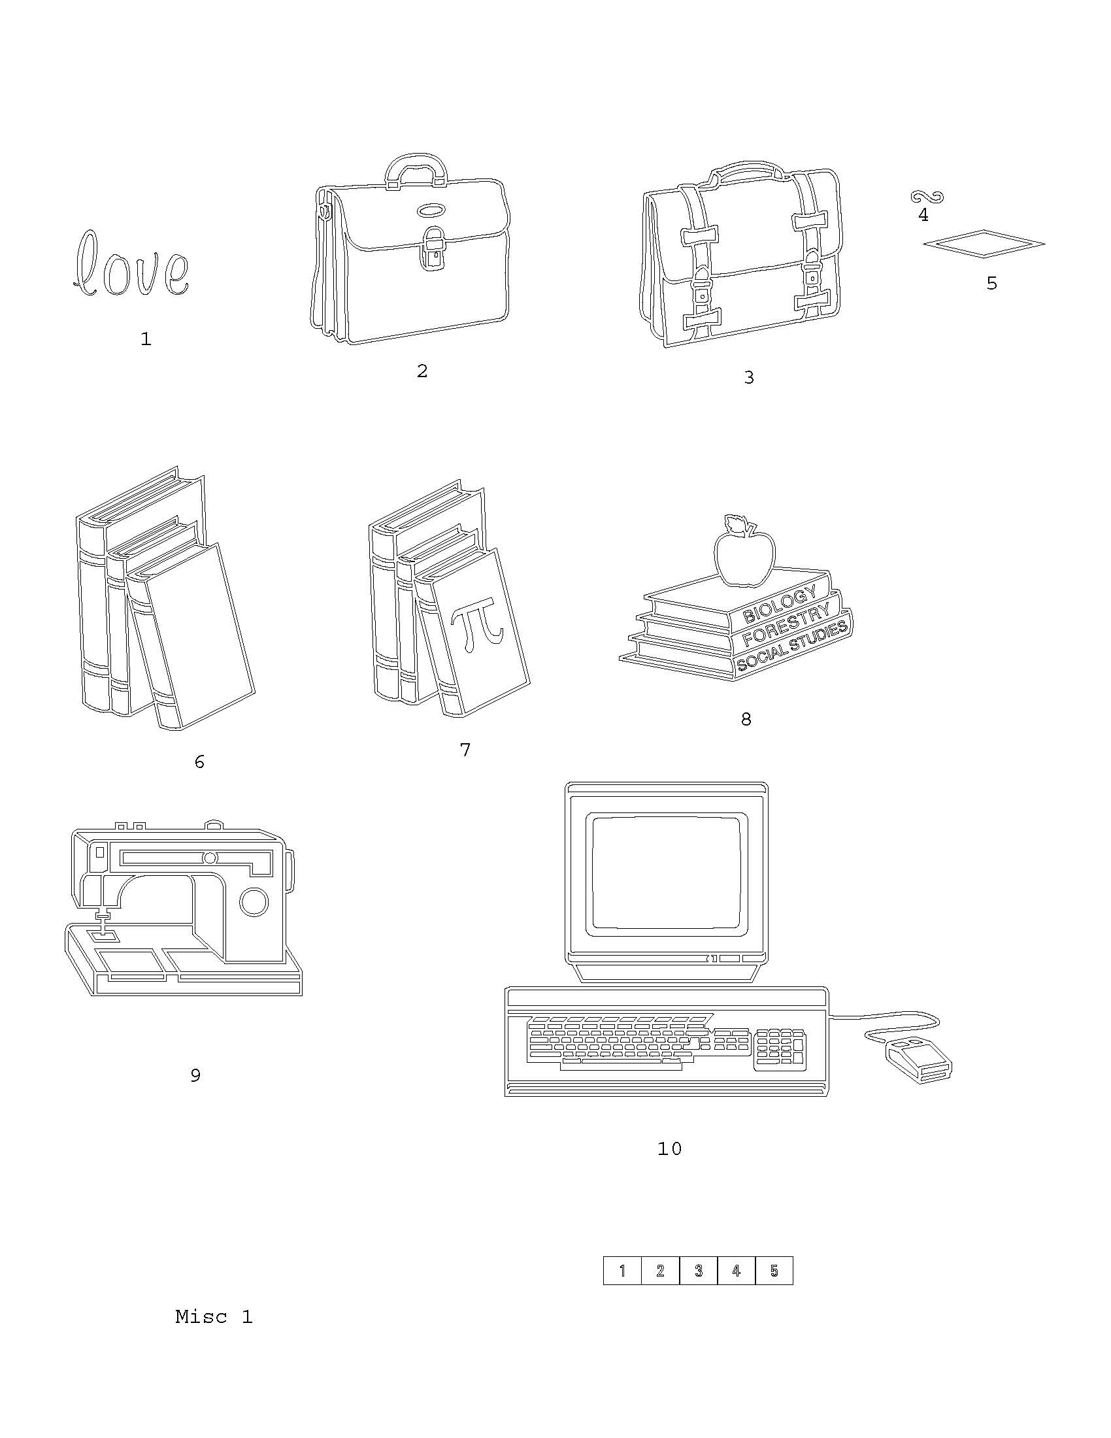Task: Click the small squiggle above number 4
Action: click(x=927, y=196)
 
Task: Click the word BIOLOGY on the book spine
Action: click(x=780, y=605)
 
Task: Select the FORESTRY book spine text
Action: click(x=786, y=624)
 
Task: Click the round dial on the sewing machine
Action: click(x=254, y=901)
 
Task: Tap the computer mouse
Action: click(x=918, y=1060)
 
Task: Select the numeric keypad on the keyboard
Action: click(x=780, y=1046)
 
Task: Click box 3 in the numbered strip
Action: click(x=699, y=1271)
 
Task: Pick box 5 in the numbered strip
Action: click(x=774, y=1271)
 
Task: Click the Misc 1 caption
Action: click(x=214, y=1317)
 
